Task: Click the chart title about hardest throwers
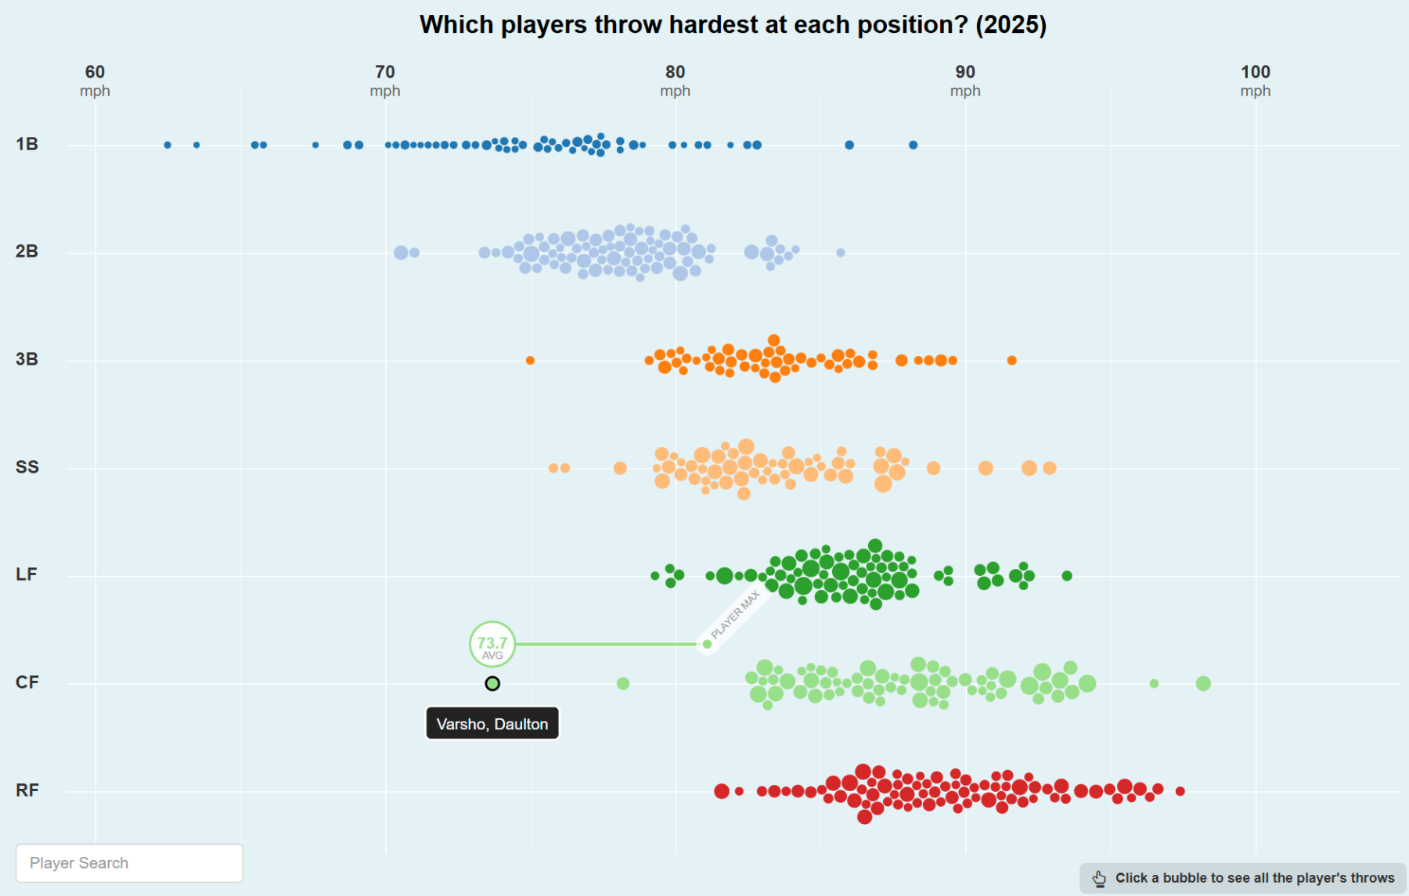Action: pyautogui.click(x=733, y=25)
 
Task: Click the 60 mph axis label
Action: pyautogui.click(x=95, y=81)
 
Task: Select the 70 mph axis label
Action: pyautogui.click(x=385, y=81)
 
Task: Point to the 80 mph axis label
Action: pyautogui.click(x=675, y=81)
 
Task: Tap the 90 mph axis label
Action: pyautogui.click(x=965, y=81)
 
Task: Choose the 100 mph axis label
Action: pyautogui.click(x=1256, y=81)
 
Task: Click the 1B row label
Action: pyautogui.click(x=27, y=144)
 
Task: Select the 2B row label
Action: pyautogui.click(x=27, y=251)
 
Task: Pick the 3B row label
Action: pyautogui.click(x=27, y=359)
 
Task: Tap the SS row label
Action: pyautogui.click(x=27, y=467)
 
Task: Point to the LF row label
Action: pyautogui.click(x=27, y=574)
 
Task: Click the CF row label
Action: pyautogui.click(x=27, y=682)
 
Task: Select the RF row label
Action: pyautogui.click(x=27, y=790)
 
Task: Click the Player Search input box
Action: pyautogui.click(x=129, y=863)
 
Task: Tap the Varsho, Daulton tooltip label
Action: pyautogui.click(x=492, y=724)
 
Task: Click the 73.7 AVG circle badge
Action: pyautogui.click(x=492, y=645)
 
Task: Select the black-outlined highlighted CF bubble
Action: pyautogui.click(x=492, y=684)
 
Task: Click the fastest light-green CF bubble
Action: pyautogui.click(x=1203, y=684)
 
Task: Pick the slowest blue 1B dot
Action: pyautogui.click(x=168, y=145)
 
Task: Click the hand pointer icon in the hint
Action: pyautogui.click(x=1099, y=879)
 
